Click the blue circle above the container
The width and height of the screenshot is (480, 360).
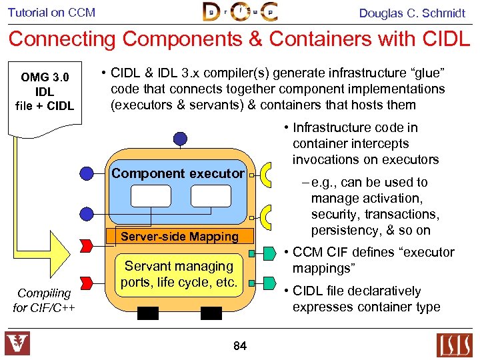180,139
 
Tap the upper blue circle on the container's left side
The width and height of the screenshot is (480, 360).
87,173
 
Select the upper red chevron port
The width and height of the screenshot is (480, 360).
86,246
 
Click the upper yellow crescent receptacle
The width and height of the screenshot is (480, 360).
267,174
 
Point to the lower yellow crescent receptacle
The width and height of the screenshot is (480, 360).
267,217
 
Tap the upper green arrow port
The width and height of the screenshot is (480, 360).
269,253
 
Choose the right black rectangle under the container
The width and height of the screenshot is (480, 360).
211,313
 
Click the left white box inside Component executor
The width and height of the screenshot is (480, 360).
151,196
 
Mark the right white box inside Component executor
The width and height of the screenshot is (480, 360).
211,196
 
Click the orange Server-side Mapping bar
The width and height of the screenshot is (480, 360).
179,236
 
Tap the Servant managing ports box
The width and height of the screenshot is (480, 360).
179,274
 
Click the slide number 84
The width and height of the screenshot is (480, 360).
240,345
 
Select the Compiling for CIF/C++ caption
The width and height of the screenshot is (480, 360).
44,300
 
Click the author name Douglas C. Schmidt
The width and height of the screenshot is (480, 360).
412,13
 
